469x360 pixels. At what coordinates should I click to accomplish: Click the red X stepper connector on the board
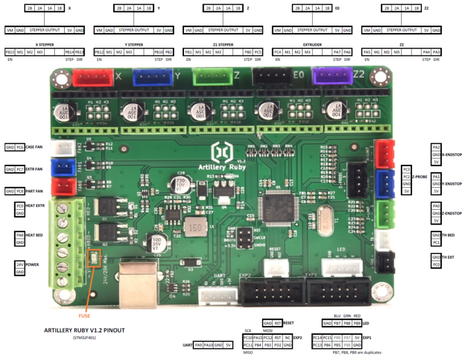[x=92, y=78]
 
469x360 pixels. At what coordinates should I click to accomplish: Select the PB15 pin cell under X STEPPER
[x=9, y=52]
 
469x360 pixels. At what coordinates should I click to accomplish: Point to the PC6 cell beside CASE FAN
[x=20, y=147]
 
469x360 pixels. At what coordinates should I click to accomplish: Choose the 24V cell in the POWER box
[x=19, y=265]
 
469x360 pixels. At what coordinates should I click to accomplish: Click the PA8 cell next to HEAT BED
[x=19, y=235]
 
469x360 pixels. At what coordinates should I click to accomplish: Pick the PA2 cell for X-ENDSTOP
[x=436, y=147]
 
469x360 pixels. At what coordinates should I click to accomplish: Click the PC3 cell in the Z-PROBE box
[x=406, y=169]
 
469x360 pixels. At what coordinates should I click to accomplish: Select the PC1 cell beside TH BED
[x=436, y=243]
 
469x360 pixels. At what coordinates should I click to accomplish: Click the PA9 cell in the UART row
[x=198, y=345]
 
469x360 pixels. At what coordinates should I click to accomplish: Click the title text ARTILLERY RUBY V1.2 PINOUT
[x=84, y=330]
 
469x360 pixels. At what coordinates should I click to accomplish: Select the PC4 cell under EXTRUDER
[x=278, y=52]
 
